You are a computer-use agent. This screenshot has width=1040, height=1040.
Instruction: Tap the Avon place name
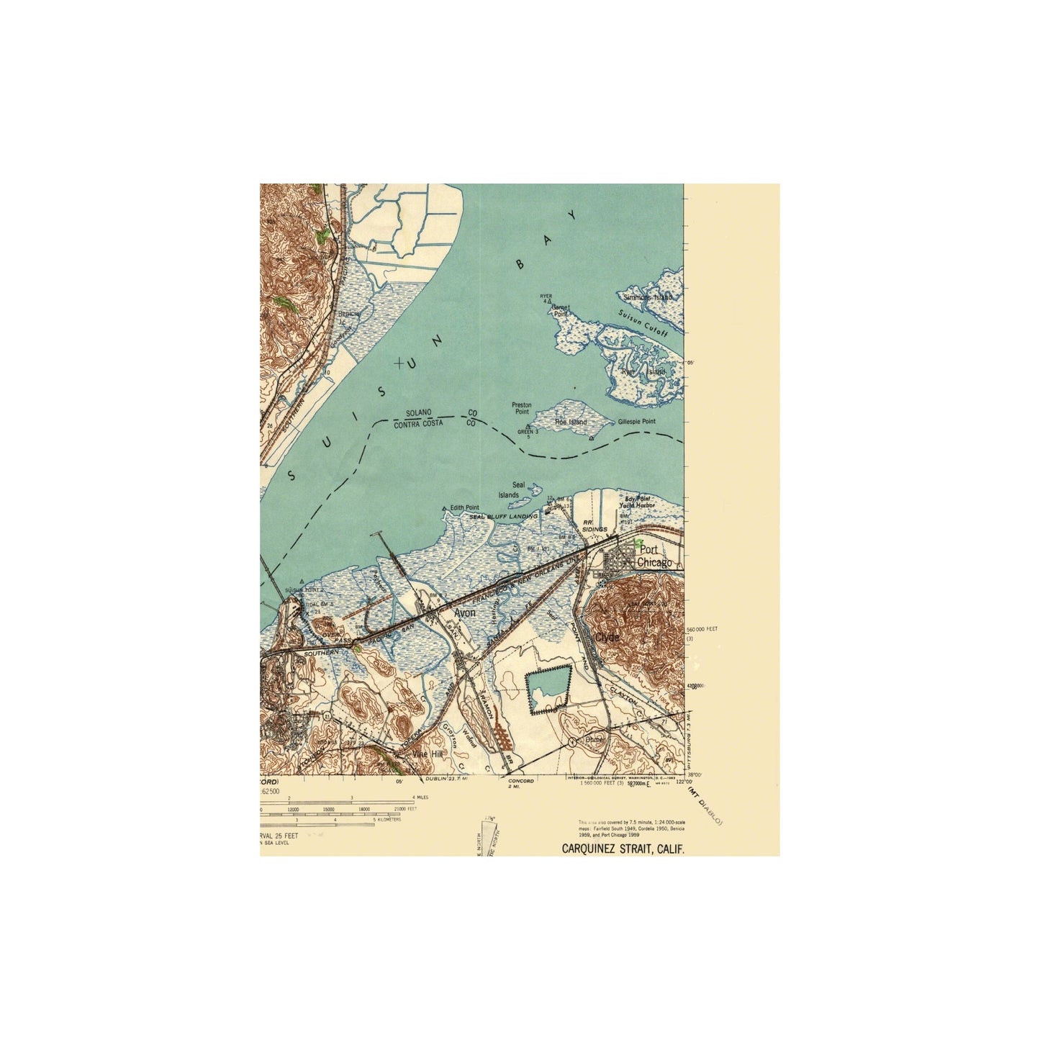tap(464, 612)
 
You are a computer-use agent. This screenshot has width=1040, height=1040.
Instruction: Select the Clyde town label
tap(607, 638)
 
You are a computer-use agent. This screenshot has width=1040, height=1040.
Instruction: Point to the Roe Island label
tap(571, 422)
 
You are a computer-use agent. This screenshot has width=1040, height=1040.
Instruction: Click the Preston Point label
tap(521, 408)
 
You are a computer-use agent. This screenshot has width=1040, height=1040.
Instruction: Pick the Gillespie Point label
tap(636, 422)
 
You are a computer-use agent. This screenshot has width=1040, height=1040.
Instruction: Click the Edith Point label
tap(464, 507)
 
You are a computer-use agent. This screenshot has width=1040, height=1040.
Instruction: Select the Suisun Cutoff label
tap(643, 324)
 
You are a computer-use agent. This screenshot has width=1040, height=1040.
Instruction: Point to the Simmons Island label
tap(648, 297)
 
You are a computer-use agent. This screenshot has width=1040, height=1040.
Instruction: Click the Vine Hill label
tap(428, 754)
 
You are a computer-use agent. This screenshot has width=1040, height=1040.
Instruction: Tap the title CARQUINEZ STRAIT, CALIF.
tap(623, 849)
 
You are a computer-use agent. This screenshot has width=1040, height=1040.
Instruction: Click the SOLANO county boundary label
tap(418, 412)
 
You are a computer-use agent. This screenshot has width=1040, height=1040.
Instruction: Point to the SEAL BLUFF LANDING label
tap(503, 517)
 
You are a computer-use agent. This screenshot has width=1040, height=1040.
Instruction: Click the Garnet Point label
tap(560, 310)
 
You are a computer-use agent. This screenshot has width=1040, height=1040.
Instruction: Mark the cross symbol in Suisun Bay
tap(399, 364)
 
